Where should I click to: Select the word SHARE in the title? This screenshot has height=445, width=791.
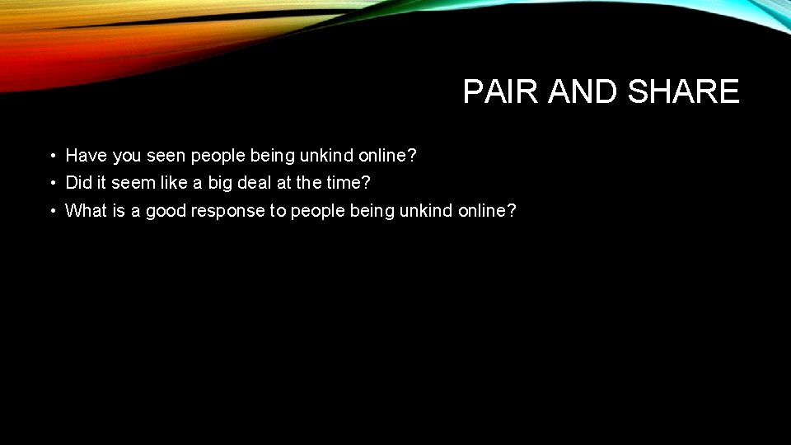click(x=683, y=92)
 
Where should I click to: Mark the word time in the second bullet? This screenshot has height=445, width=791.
click(x=347, y=182)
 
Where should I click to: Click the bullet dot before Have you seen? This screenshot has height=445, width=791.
click(x=51, y=156)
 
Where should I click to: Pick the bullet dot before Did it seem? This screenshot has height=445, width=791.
click(x=51, y=183)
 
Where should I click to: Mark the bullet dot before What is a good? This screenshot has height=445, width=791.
click(x=51, y=211)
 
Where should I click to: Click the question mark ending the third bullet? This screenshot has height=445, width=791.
click(x=511, y=210)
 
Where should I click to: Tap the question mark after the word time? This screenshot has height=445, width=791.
click(x=367, y=182)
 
